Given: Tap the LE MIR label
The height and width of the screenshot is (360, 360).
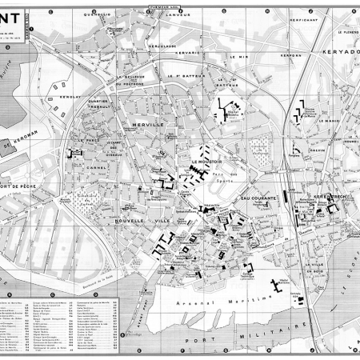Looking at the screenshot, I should coord(238,57).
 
